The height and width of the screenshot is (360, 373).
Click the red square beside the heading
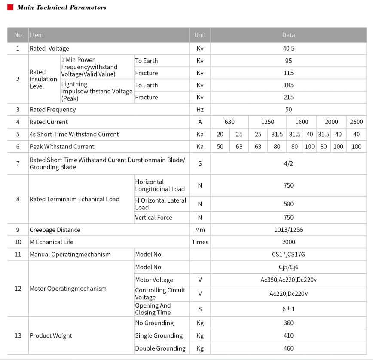pyautogui.click(x=10, y=8)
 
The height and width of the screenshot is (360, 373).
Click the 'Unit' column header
pyautogui.click(x=200, y=35)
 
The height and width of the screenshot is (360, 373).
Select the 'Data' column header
pyautogui.click(x=288, y=35)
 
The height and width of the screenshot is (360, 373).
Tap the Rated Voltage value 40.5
pyautogui.click(x=288, y=49)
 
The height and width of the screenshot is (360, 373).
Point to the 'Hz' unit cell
pyautogui.click(x=200, y=110)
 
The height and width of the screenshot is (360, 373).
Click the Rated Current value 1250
pyautogui.click(x=267, y=122)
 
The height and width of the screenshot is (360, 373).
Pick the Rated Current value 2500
pyautogui.click(x=356, y=122)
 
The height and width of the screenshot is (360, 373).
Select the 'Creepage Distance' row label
pyautogui.click(x=55, y=230)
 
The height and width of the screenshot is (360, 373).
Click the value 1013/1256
pyautogui.click(x=288, y=230)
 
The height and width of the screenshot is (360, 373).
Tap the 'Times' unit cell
pyautogui.click(x=200, y=242)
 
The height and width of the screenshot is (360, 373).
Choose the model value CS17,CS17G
pyautogui.click(x=288, y=255)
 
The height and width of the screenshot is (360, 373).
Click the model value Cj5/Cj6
pyautogui.click(x=288, y=267)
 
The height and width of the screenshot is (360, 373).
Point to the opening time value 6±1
pyautogui.click(x=288, y=309)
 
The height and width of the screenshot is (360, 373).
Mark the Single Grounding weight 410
pyautogui.click(x=288, y=335)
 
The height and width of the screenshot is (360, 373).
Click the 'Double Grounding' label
pyautogui.click(x=160, y=348)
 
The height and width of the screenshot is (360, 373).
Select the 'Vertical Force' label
pyautogui.click(x=153, y=218)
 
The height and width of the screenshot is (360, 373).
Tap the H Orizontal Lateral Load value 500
pyautogui.click(x=288, y=204)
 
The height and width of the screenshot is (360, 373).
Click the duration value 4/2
pyautogui.click(x=288, y=163)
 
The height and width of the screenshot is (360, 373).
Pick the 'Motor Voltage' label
pyautogui.click(x=154, y=280)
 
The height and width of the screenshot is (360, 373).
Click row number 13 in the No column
pyautogui.click(x=18, y=335)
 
